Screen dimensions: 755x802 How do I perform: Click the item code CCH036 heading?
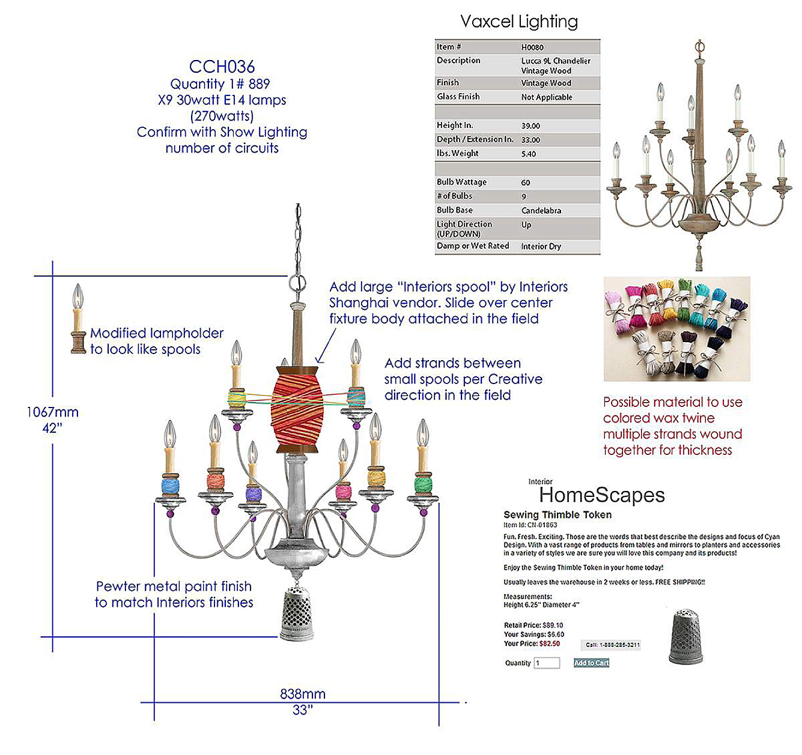pyautogui.click(x=222, y=67)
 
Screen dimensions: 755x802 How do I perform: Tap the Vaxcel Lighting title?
pyautogui.click(x=518, y=22)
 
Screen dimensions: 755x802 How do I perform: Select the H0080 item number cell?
pyautogui.click(x=532, y=47)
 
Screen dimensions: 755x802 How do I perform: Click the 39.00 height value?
pyautogui.click(x=530, y=126)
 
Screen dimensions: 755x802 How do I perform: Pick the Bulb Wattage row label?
pyautogui.click(x=461, y=182)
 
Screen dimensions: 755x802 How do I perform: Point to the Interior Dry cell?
pyautogui.click(x=541, y=246)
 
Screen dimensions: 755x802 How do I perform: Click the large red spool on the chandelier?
pyautogui.click(x=297, y=409)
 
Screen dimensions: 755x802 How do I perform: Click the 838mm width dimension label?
pyautogui.click(x=303, y=694)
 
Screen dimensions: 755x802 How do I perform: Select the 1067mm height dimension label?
pyautogui.click(x=52, y=412)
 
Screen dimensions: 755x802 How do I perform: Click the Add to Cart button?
pyautogui.click(x=591, y=663)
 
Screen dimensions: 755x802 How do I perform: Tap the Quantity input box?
pyautogui.click(x=547, y=663)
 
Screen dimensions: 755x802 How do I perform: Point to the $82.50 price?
pyautogui.click(x=549, y=643)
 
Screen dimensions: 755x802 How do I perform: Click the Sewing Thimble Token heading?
pyautogui.click(x=557, y=515)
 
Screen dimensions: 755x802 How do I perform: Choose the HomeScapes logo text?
pyautogui.click(x=601, y=495)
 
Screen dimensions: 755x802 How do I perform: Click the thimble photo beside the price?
pyautogui.click(x=685, y=636)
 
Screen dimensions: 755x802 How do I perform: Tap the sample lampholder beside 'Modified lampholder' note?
pyautogui.click(x=78, y=320)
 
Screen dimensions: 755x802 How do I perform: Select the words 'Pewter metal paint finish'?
pyautogui.click(x=174, y=586)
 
